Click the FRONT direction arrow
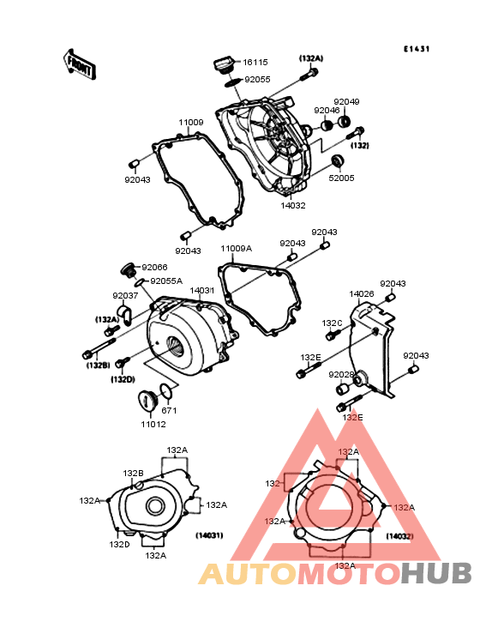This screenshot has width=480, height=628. click(x=79, y=64)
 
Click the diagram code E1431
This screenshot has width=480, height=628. click(x=417, y=49)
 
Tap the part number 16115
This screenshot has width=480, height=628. click(x=255, y=62)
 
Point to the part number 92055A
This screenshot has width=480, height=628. click(x=166, y=281)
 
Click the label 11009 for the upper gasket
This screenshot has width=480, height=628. click(x=191, y=122)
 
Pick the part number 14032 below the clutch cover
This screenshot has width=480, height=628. click(x=293, y=205)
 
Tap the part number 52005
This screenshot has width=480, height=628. click(x=342, y=178)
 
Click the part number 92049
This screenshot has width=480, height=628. click(x=346, y=102)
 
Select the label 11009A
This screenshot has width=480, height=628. click(x=237, y=248)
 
